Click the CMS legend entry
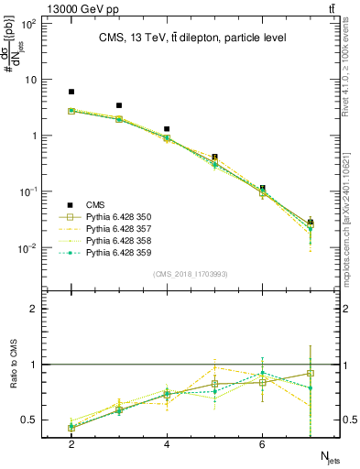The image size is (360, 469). click(x=94, y=205)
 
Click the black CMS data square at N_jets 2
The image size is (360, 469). click(x=71, y=92)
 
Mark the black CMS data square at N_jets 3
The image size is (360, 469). click(x=119, y=105)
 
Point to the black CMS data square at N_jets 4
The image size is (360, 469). click(x=167, y=129)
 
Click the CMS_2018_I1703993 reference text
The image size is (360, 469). click(x=190, y=274)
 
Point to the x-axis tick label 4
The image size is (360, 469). click(x=167, y=444)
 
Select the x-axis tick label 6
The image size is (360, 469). click(x=262, y=444)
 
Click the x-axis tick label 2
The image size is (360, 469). click(x=71, y=444)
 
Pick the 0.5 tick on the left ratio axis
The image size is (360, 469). click(x=29, y=420)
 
